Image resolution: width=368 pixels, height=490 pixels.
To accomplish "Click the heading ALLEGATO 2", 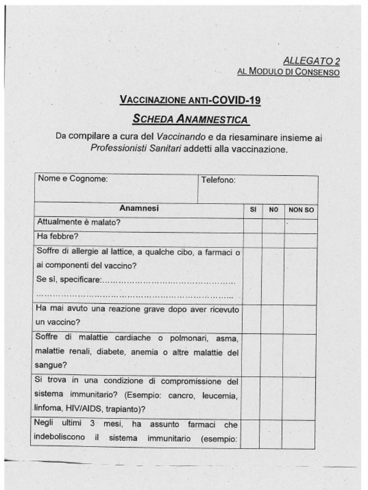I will [x=311, y=61].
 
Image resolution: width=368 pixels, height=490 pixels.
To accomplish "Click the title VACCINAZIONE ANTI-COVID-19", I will [x=190, y=100].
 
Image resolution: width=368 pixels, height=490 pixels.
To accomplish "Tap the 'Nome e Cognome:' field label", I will [x=73, y=179].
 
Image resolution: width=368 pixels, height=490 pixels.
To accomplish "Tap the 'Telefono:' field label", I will [x=218, y=180].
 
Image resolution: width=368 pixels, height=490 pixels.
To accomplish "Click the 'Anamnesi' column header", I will [x=139, y=209].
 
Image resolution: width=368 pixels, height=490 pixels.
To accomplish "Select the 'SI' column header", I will [x=253, y=210].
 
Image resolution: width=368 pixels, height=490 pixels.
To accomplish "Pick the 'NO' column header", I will [x=274, y=210].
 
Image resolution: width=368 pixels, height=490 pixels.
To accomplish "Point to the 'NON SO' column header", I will [x=301, y=210].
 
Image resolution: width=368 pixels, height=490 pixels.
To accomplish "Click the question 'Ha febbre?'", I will [x=57, y=236].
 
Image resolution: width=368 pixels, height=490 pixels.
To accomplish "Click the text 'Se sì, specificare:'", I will [x=69, y=279].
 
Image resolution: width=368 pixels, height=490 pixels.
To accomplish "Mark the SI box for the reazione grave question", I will [x=252, y=318].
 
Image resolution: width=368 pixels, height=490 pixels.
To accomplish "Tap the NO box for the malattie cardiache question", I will [x=273, y=355].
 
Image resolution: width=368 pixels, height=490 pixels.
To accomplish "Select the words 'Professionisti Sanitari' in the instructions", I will [x=136, y=148].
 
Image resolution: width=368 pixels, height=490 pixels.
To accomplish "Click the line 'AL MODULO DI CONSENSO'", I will [x=288, y=72].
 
